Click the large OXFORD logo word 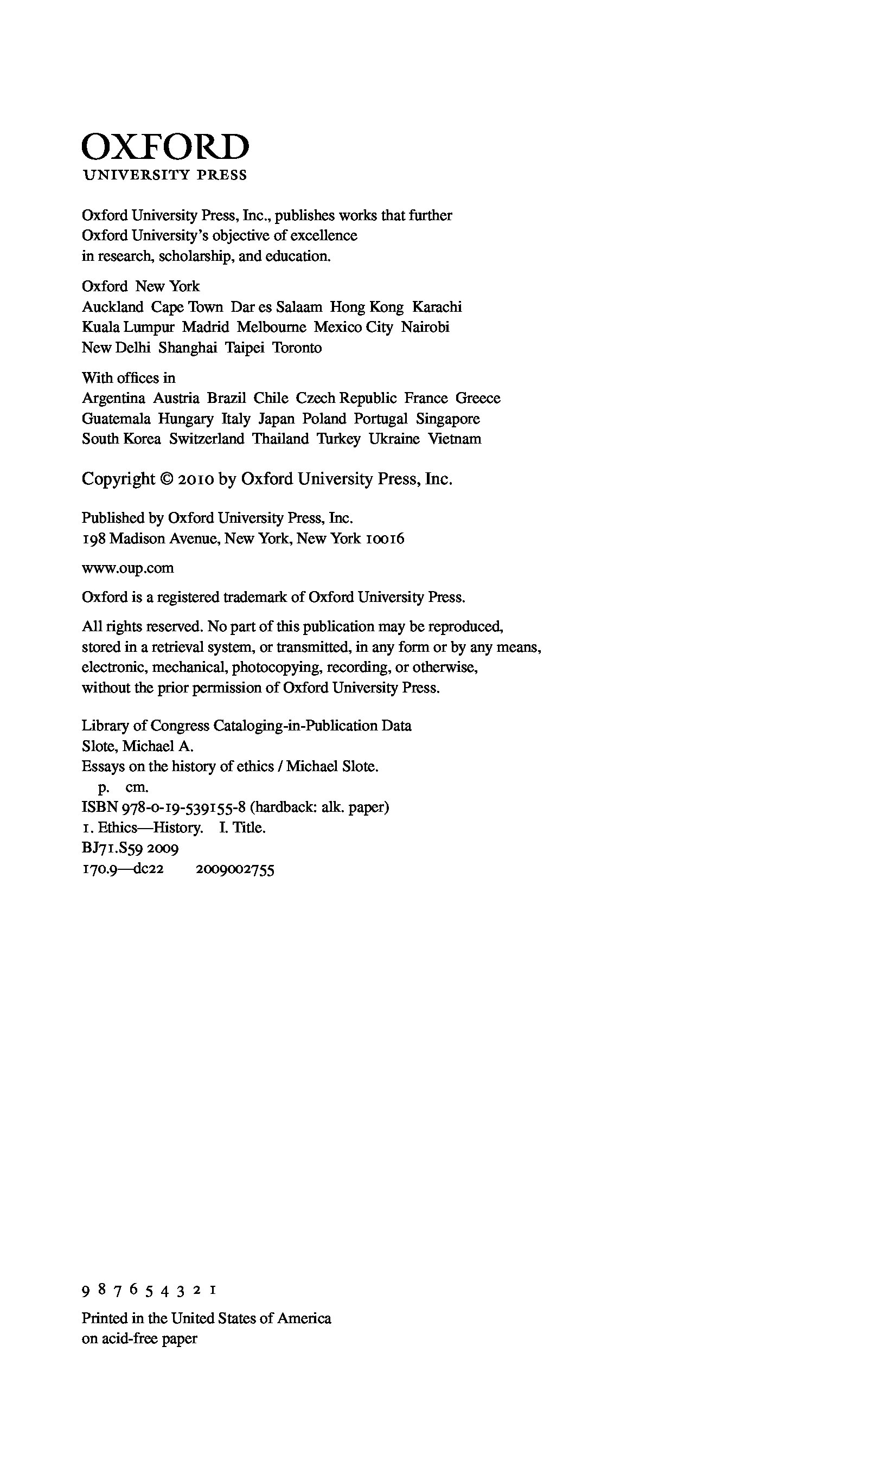point(165,147)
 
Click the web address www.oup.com point(127,568)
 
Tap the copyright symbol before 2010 point(167,479)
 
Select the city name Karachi point(437,307)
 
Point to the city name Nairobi point(425,327)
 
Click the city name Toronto point(297,348)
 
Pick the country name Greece point(478,399)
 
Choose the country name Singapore point(448,419)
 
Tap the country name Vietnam point(455,439)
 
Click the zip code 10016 point(385,538)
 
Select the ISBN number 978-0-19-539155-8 point(183,807)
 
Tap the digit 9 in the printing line point(86,1291)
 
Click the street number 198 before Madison point(93,538)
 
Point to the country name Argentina point(113,399)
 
